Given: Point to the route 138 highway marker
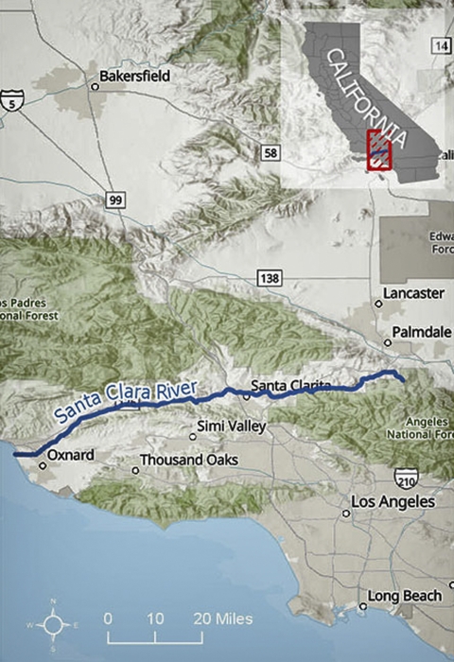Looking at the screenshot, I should click(x=269, y=276).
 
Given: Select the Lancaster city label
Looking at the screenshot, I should click(x=414, y=294).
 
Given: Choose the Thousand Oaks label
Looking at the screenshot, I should click(x=187, y=461).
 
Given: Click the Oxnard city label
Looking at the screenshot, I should click(x=71, y=455).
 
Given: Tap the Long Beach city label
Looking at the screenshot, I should click(x=405, y=596).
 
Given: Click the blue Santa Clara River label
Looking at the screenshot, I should click(x=125, y=401).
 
